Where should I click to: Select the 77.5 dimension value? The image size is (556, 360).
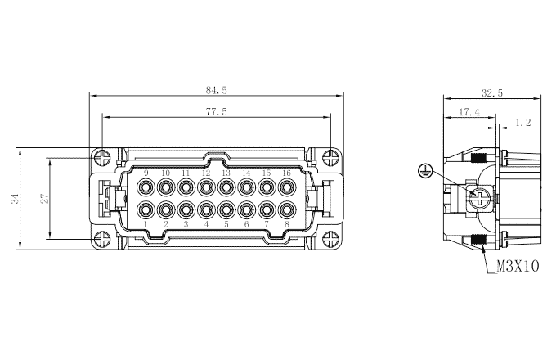click(x=215, y=111)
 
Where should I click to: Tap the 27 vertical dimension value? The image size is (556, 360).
click(x=46, y=198)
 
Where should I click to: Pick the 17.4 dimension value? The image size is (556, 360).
click(x=469, y=111)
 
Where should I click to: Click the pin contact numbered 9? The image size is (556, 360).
click(x=146, y=187)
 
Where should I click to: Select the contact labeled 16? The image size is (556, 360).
click(x=286, y=187)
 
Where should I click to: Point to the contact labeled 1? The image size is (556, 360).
click(x=146, y=209)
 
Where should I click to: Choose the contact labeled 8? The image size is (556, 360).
click(x=286, y=209)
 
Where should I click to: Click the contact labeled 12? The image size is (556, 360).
click(x=206, y=187)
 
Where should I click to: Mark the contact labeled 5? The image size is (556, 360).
click(x=226, y=209)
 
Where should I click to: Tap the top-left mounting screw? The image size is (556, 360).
click(x=101, y=156)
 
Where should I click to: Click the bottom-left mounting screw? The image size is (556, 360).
click(x=101, y=240)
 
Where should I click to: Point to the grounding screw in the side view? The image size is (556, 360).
click(x=478, y=196)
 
